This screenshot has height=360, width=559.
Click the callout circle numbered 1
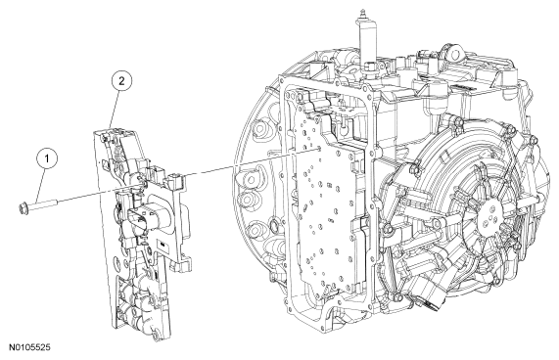pos(47,158)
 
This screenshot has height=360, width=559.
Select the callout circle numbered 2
pos(121,81)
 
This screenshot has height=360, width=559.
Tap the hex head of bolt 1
pos(23,207)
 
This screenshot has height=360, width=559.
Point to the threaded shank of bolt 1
pos(42,204)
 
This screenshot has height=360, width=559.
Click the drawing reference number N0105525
pos(29,347)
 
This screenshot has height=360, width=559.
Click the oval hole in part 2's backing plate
pos(116,265)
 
